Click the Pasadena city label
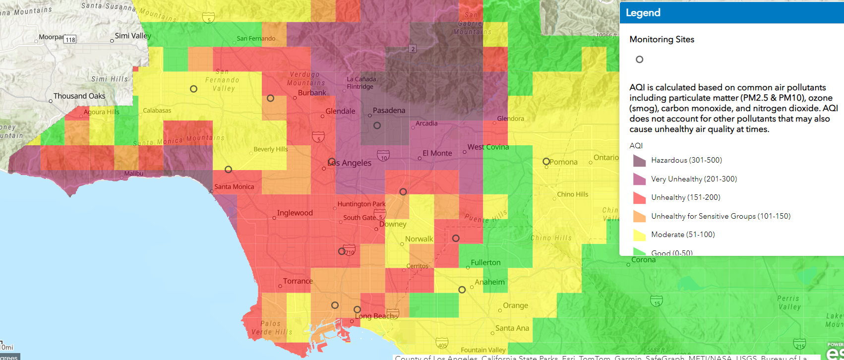389,111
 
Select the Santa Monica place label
234,187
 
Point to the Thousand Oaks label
79,96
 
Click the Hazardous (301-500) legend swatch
639,161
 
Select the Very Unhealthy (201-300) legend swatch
639,179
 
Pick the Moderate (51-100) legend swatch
639,235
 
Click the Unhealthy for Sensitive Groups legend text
721,216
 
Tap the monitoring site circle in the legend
640,60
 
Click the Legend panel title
643,13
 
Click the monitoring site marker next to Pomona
546,162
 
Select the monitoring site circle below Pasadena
377,125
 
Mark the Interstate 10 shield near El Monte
383,156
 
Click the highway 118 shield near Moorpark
70,40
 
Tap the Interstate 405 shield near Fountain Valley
442,343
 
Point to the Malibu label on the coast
134,174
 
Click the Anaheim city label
489,282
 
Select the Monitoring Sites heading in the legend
662,40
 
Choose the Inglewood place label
295,213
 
